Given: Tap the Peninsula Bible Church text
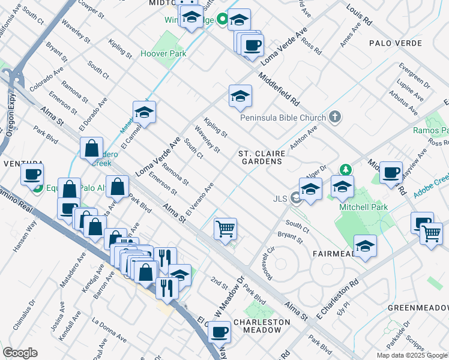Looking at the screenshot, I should click(283, 118).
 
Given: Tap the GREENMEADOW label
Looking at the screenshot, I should click(418, 308).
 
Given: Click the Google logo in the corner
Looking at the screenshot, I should click(20, 353).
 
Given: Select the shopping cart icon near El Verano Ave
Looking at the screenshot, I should click(225, 229).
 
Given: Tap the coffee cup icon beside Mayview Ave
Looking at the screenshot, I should click(391, 173).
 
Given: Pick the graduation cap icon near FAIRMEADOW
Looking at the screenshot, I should click(365, 245).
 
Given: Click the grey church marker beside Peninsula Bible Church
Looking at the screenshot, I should click(336, 118).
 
